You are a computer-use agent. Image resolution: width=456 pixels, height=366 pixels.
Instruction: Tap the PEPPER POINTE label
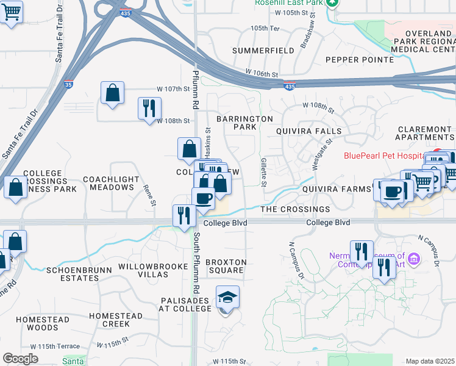(359, 60)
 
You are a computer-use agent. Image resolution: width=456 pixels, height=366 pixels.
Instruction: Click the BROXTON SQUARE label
(226, 266)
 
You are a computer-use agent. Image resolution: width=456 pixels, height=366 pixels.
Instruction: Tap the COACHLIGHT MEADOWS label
(108, 183)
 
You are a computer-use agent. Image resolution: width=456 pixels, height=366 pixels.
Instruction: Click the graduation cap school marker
(227, 298)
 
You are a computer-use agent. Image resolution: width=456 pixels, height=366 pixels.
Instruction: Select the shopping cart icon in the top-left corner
(10, 12)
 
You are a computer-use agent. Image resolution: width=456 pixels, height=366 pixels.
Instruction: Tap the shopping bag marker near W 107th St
(112, 93)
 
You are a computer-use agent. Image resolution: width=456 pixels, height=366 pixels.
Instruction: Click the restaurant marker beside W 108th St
(149, 108)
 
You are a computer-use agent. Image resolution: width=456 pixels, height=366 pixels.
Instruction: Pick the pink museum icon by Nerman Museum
(414, 260)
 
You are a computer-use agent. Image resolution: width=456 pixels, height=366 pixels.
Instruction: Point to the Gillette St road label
(264, 171)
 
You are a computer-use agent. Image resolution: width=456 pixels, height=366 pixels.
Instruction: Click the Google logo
(20, 359)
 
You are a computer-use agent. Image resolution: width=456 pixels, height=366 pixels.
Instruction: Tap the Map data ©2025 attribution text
(430, 361)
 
